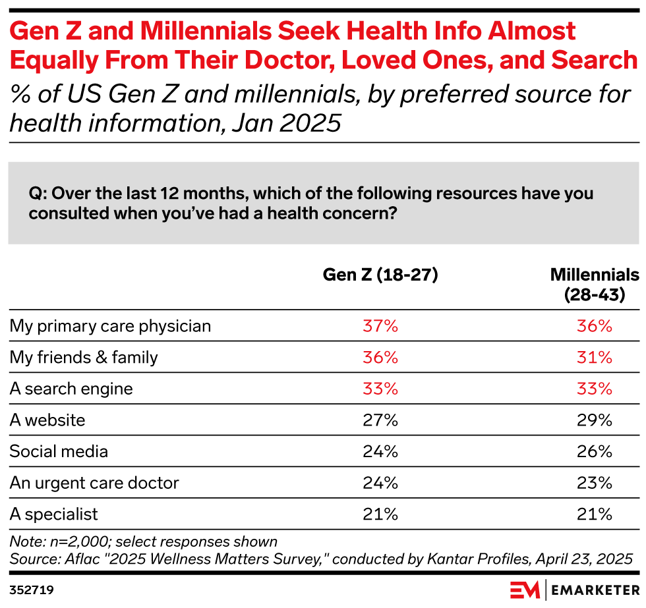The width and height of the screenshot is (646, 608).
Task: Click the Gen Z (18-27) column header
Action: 380,275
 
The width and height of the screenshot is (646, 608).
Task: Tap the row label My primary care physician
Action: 110,326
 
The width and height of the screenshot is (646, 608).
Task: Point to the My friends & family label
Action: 84,357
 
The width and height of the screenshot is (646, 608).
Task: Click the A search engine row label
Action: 71,389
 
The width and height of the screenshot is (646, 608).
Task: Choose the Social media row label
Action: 59,451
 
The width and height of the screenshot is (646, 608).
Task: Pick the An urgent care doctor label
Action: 94,483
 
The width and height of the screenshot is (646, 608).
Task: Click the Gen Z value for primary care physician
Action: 380,326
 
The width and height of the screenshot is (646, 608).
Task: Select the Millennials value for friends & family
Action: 595,357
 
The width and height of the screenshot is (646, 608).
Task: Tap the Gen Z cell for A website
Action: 380,420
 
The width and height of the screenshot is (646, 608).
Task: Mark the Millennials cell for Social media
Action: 595,451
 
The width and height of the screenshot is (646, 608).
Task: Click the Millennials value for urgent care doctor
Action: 595,483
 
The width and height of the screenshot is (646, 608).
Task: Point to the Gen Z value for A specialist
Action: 380,514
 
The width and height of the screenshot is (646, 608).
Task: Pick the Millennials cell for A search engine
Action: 595,389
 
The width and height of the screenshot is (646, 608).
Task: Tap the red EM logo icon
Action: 525,588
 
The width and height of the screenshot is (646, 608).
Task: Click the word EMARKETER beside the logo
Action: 593,588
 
